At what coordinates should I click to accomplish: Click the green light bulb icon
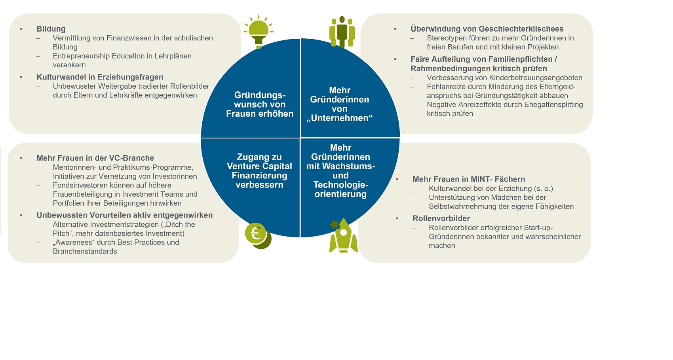259,32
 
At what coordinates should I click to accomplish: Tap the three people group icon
342,32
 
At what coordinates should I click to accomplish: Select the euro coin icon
258,236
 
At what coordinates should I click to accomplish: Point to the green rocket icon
343,235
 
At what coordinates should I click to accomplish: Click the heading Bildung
51,29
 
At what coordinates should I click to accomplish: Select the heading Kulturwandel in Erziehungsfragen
100,77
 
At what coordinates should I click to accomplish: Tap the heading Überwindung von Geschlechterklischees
487,29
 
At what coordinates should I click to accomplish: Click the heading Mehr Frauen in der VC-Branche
95,158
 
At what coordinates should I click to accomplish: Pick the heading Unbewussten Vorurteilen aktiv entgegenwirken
125,215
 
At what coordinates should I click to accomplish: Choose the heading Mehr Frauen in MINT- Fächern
469,179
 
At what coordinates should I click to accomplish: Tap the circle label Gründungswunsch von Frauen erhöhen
260,104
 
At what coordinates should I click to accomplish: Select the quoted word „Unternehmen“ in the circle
340,118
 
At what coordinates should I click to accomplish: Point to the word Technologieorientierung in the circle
341,189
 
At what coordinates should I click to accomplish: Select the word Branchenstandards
85,251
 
